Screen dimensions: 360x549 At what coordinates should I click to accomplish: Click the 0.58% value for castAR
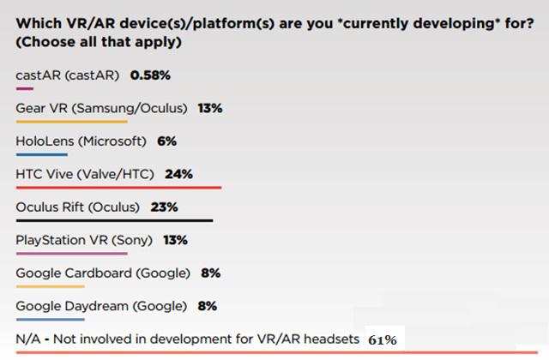pos(150,75)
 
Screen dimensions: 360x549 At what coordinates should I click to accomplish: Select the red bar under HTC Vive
pos(118,187)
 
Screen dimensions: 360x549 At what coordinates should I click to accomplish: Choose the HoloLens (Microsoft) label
pos(81,141)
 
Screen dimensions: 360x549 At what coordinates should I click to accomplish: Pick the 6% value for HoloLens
pos(166,141)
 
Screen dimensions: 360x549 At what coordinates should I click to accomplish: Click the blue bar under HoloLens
pos(41,154)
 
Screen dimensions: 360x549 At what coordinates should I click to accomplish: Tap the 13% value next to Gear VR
pos(210,108)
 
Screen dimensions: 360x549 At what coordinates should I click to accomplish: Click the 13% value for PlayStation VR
pos(175,240)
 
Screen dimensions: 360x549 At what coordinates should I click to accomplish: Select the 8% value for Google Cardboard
pos(211,273)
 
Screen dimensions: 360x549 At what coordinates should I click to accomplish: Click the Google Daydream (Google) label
pos(100,306)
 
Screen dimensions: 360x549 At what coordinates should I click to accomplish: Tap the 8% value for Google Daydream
pos(207,306)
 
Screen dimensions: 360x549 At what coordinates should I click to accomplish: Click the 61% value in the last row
pos(382,339)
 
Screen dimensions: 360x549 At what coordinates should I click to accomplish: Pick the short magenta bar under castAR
pos(24,87)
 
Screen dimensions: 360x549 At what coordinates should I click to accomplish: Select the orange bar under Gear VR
pos(71,121)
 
